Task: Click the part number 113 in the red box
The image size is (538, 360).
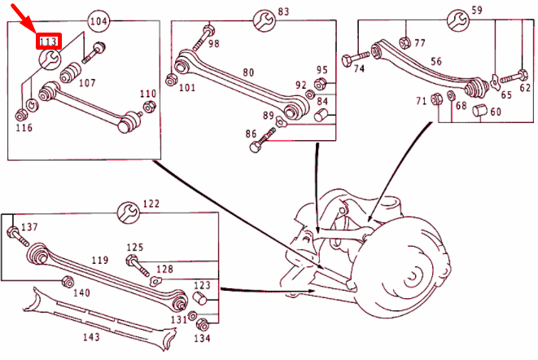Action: (x=49, y=40)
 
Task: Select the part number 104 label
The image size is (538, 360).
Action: (x=98, y=20)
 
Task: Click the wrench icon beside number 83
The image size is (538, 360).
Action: (x=263, y=19)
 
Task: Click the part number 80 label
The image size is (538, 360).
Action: (x=247, y=72)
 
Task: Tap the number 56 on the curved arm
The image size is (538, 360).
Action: (x=436, y=61)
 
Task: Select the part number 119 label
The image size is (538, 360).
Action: (x=99, y=261)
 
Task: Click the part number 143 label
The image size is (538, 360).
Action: (x=91, y=336)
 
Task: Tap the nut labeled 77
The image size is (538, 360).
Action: (x=405, y=35)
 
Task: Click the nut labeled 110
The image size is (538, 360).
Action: (x=149, y=108)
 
